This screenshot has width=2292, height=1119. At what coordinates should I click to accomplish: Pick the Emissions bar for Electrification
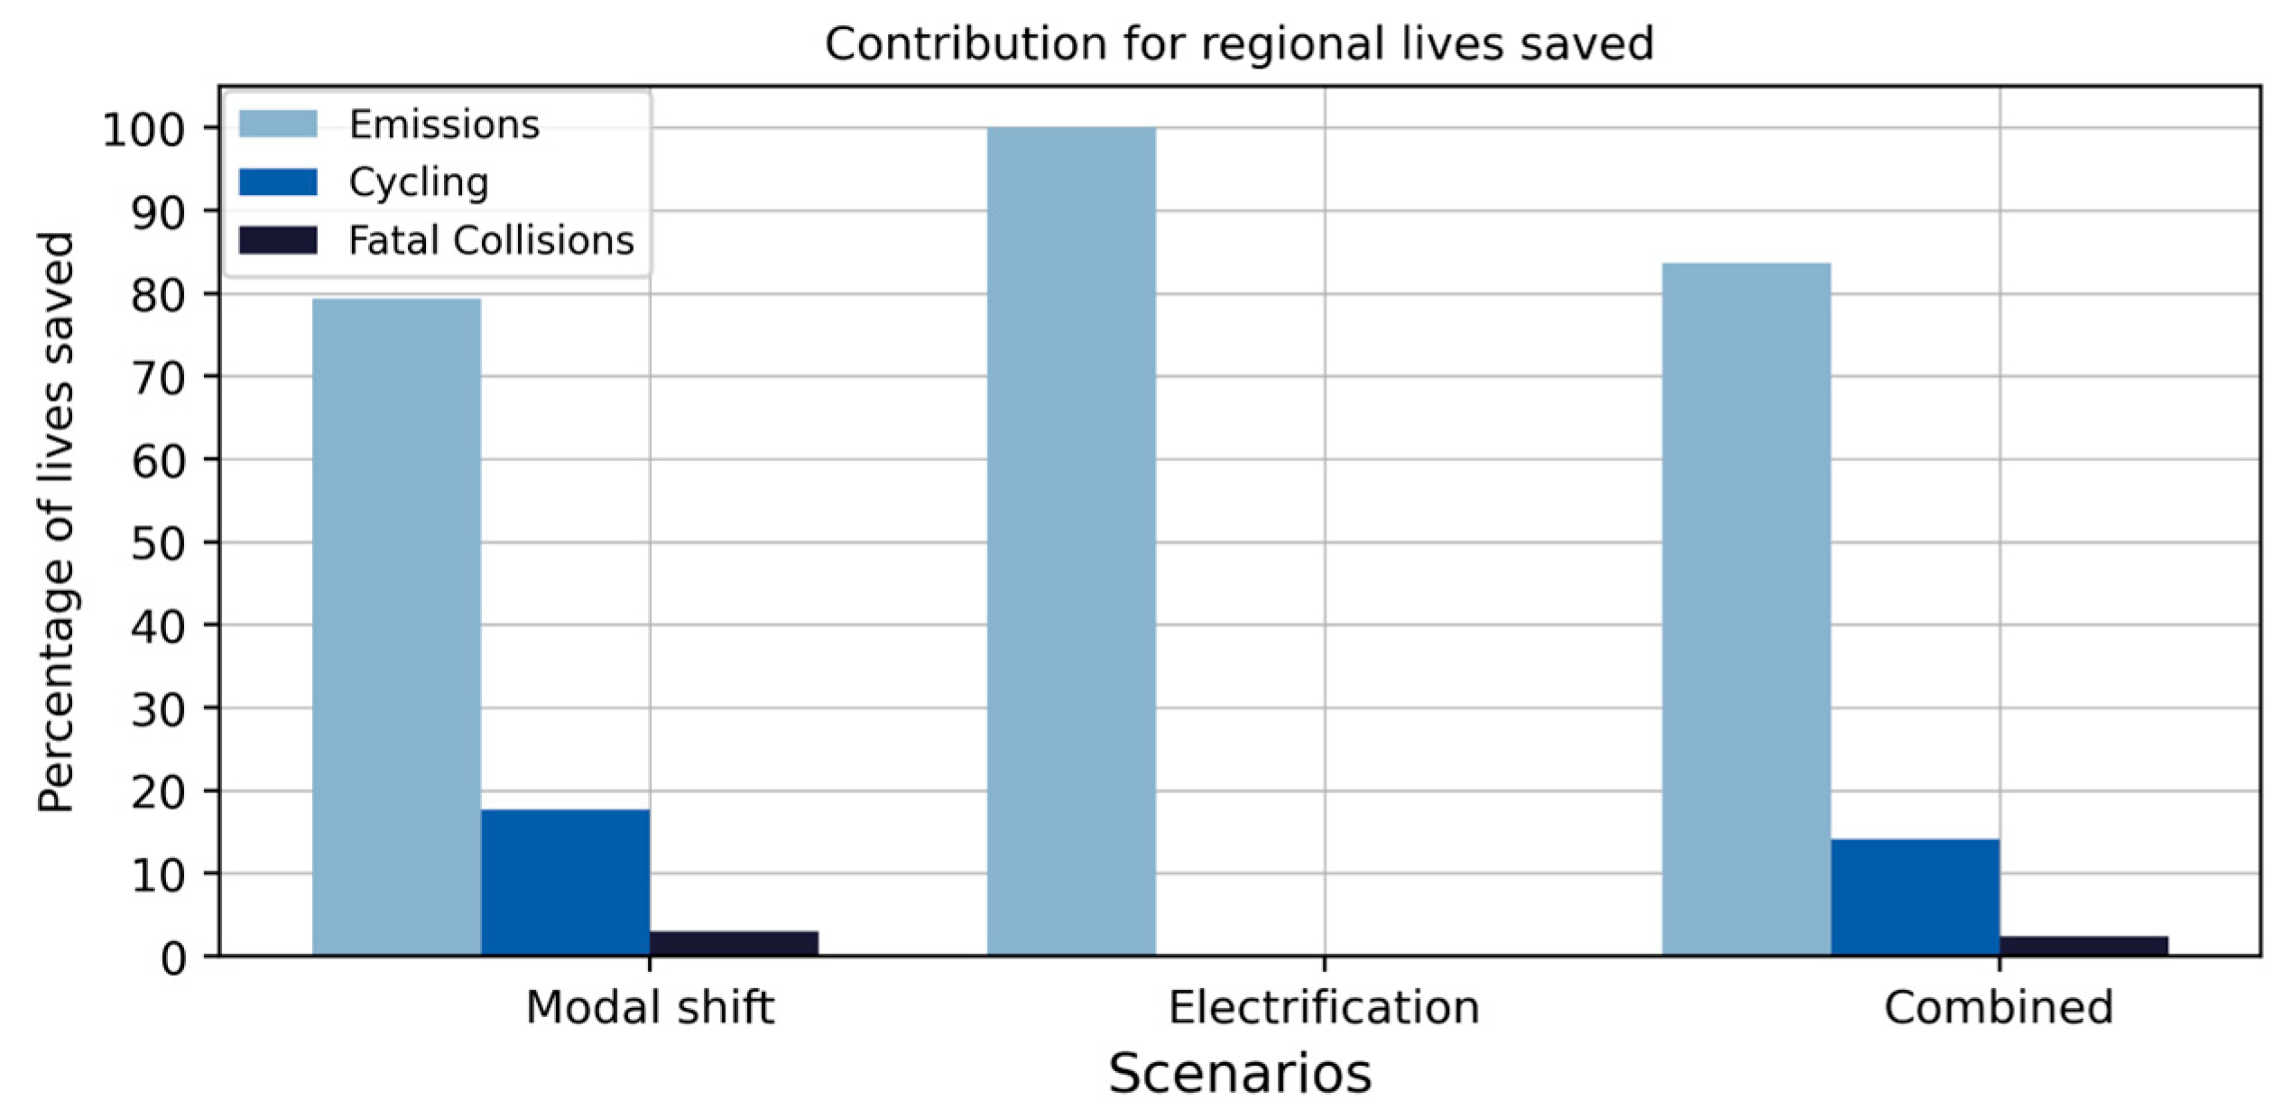(1071, 541)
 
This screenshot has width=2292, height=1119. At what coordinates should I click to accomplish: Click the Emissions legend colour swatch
(278, 124)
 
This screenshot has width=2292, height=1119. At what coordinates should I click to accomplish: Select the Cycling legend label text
(419, 182)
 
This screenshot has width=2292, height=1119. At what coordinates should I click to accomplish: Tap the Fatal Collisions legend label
(491, 240)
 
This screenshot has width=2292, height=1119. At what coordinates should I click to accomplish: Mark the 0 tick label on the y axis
(173, 958)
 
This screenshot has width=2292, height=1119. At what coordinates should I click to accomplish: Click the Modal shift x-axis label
(650, 1008)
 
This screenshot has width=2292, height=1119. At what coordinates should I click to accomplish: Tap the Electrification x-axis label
(1324, 1008)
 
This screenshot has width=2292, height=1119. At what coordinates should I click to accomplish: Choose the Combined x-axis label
(1999, 1008)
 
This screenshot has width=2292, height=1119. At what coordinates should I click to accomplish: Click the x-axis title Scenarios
(1240, 1074)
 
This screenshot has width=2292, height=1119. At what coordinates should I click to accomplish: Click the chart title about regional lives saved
(1239, 43)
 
